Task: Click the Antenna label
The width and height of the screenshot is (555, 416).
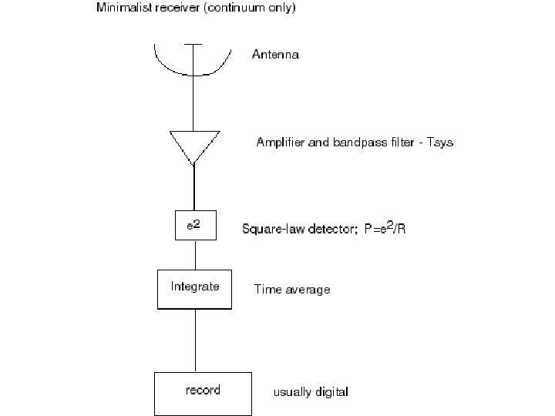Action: (x=275, y=55)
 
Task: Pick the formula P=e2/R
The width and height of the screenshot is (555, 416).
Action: (x=384, y=229)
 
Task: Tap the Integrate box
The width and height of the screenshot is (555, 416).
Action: (x=194, y=288)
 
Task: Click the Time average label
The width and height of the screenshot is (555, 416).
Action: (x=292, y=290)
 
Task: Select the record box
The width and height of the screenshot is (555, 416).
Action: (x=203, y=393)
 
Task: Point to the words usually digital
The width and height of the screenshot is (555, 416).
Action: (x=311, y=392)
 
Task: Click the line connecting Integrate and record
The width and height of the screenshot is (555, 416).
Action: (x=194, y=341)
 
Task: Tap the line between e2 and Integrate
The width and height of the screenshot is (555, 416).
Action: (x=194, y=254)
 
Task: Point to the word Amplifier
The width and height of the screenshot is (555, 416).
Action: (x=280, y=143)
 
